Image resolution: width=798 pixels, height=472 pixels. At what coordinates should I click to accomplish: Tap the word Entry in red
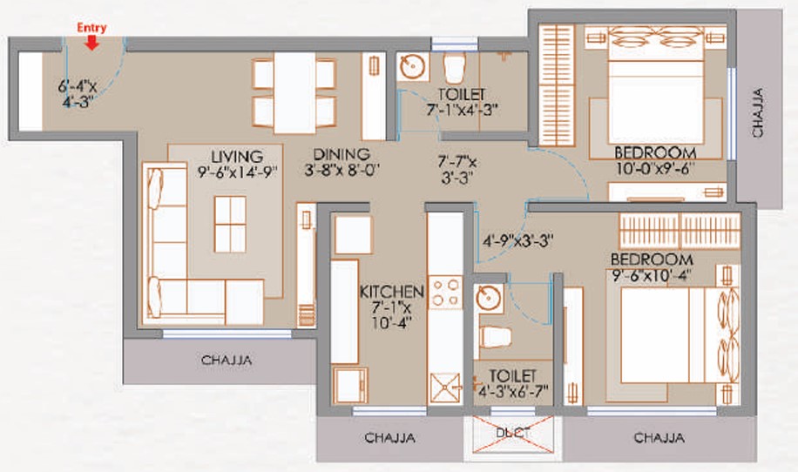[91, 28]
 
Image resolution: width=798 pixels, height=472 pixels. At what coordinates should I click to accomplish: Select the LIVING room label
[237, 156]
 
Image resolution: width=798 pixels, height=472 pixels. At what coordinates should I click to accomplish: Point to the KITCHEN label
[392, 292]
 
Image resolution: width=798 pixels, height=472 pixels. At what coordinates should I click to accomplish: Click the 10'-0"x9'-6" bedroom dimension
[655, 168]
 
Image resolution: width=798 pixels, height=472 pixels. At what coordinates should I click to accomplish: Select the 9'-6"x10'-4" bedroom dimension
[652, 275]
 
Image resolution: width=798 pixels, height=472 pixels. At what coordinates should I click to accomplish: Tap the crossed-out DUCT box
[513, 434]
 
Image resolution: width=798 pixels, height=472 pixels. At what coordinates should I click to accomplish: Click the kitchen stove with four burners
[445, 293]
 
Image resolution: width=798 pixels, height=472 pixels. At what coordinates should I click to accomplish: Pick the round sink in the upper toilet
[412, 67]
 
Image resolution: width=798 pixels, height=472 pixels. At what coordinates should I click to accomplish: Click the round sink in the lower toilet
[489, 298]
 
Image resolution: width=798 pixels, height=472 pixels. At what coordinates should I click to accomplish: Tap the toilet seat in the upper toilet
[455, 68]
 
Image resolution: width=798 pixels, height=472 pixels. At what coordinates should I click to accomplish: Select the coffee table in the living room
[230, 225]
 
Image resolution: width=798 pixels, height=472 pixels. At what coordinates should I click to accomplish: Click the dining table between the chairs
[294, 93]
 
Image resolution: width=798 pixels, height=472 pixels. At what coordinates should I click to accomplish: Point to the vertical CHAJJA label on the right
[758, 112]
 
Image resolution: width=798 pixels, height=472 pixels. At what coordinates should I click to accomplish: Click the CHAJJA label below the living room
[227, 361]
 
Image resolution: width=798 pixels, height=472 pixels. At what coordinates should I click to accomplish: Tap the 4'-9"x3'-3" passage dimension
[518, 240]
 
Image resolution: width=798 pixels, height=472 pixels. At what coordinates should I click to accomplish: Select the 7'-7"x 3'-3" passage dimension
[457, 170]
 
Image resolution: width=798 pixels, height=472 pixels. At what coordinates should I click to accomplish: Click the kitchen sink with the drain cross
[445, 388]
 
